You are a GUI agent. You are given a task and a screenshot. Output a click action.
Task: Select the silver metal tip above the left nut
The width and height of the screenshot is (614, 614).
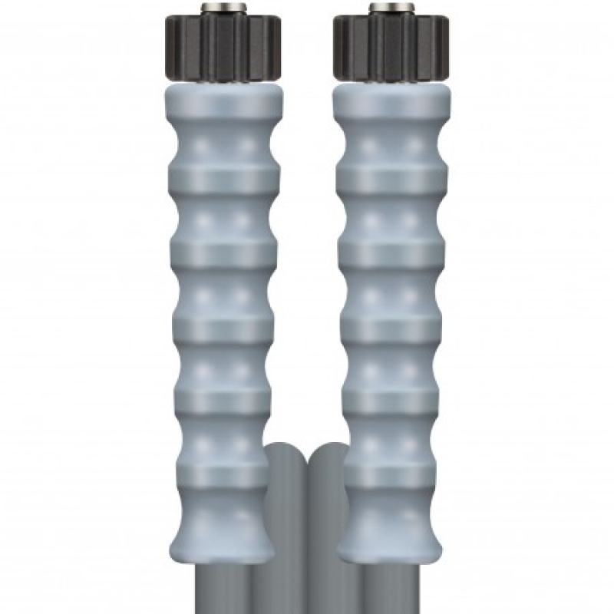(223, 8)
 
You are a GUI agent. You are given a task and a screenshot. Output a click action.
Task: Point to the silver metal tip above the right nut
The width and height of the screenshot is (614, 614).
(392, 8)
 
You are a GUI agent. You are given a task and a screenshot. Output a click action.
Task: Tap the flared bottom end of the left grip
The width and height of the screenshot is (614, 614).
(223, 530)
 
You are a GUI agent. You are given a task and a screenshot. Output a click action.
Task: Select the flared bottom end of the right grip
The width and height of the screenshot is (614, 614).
(392, 530)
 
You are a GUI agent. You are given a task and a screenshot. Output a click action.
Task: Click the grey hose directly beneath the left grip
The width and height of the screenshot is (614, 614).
(223, 587)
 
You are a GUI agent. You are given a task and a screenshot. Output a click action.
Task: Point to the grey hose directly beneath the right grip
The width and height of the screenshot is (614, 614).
(392, 587)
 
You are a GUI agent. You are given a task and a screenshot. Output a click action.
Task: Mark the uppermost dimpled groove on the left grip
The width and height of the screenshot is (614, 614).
(223, 146)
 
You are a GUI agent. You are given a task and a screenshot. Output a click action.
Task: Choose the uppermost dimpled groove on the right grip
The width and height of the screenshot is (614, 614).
(392, 146)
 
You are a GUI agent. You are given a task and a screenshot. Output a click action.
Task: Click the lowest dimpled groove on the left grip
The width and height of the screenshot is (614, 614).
(223, 445)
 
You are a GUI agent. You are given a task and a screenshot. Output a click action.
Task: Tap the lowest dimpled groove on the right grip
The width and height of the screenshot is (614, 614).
(392, 445)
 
